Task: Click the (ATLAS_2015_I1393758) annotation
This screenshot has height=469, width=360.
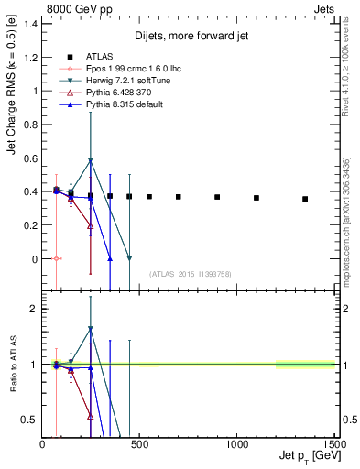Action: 189,273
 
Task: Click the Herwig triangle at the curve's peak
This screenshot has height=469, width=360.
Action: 90,160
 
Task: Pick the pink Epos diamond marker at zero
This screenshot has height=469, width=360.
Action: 56,258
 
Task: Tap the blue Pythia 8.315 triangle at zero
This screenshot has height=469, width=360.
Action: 110,258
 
